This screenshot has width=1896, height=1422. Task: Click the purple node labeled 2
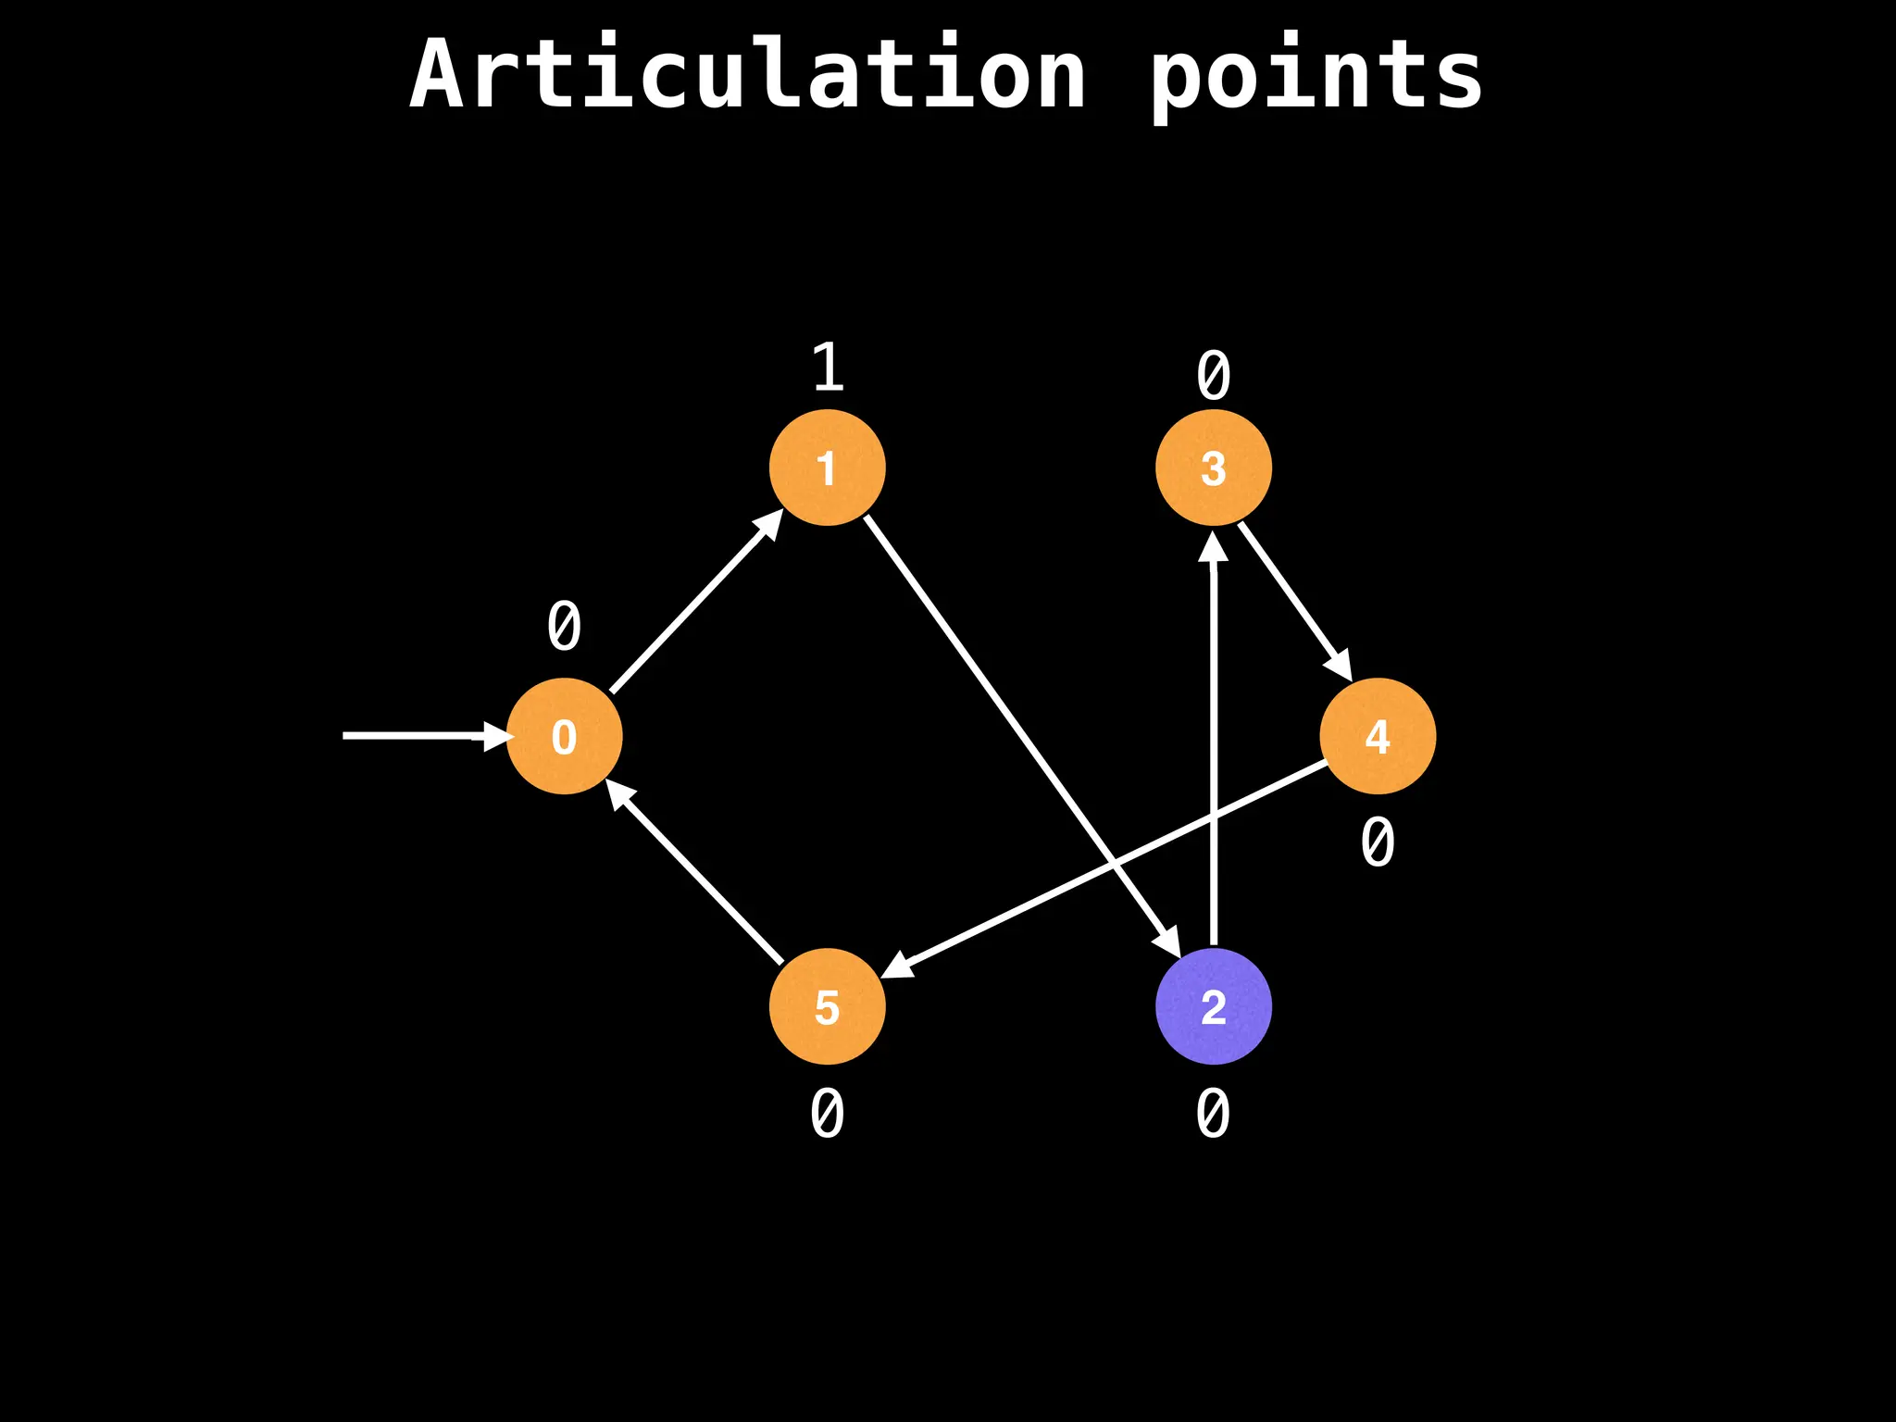pyautogui.click(x=1213, y=1006)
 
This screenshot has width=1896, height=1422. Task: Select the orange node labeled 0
pyautogui.click(x=564, y=736)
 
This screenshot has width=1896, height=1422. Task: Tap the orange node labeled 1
pyautogui.click(x=827, y=468)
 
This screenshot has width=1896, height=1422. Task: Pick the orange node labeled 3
pyautogui.click(x=1213, y=468)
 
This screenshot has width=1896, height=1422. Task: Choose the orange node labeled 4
pyautogui.click(x=1378, y=736)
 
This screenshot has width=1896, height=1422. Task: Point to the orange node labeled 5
pyautogui.click(x=827, y=1006)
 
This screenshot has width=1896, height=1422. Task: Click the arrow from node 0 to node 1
pyautogui.click(x=694, y=603)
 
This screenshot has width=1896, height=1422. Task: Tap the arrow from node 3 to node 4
pyautogui.click(x=1294, y=600)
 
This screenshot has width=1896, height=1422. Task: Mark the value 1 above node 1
pyautogui.click(x=828, y=368)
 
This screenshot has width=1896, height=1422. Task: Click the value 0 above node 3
pyautogui.click(x=1213, y=377)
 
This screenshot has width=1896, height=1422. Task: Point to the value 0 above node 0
pyautogui.click(x=564, y=627)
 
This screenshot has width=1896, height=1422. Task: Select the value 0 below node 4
pyautogui.click(x=1378, y=842)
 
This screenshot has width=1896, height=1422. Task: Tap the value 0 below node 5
pyautogui.click(x=827, y=1114)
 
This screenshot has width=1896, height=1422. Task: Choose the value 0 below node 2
pyautogui.click(x=1213, y=1114)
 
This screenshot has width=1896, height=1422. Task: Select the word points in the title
pyautogui.click(x=1316, y=78)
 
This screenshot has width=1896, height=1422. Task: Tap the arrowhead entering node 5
pyautogui.click(x=897, y=966)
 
